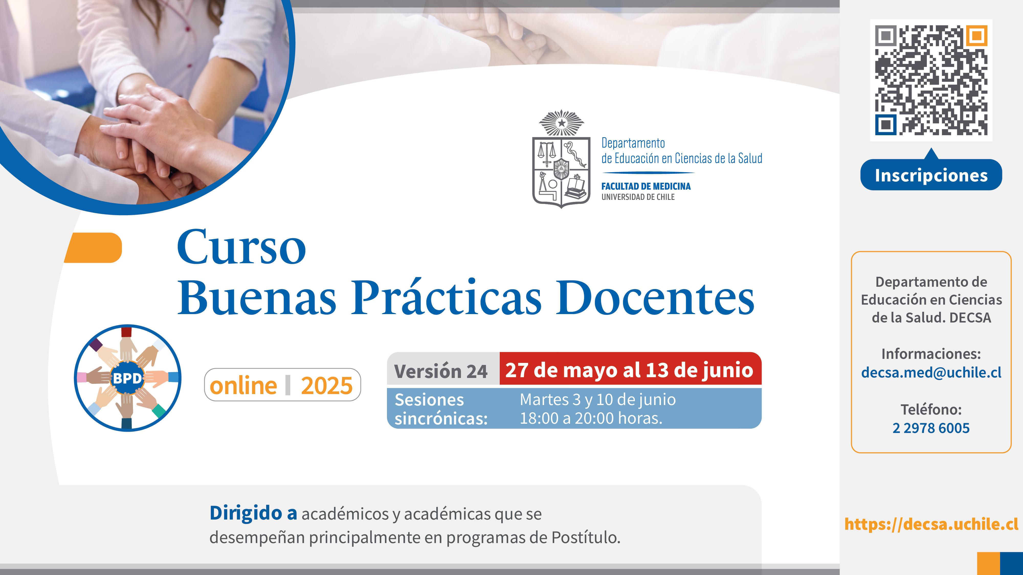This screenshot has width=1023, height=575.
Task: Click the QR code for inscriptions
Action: tap(931, 80)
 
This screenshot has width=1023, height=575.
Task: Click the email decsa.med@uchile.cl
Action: tap(931, 373)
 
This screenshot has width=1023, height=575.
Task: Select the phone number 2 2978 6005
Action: tap(931, 428)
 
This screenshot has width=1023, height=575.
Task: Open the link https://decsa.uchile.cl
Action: tap(931, 524)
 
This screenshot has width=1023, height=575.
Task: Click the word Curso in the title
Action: tap(241, 247)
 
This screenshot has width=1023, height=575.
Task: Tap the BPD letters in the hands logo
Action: tap(127, 378)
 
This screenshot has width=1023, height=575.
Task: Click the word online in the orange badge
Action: tap(243, 385)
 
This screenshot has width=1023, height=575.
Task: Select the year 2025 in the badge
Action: tap(326, 386)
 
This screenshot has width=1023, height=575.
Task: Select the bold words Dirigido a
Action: tap(253, 513)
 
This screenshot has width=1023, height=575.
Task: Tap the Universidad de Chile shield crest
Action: tap(561, 159)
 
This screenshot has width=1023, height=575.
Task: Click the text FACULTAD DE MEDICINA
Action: tap(646, 186)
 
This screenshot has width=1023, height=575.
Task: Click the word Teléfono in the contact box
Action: tap(931, 409)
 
